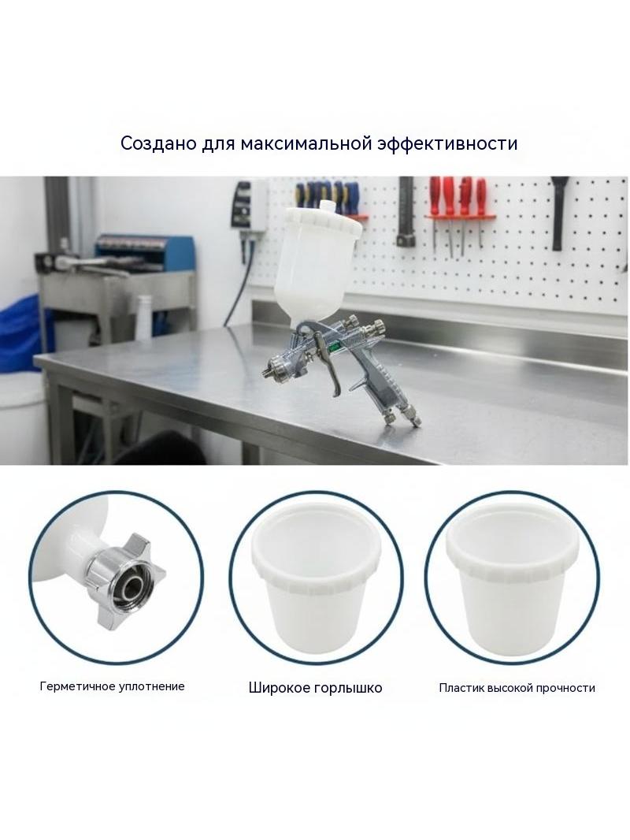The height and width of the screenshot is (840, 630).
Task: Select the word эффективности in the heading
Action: click(447, 144)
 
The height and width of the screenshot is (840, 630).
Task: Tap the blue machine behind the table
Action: click(144, 252)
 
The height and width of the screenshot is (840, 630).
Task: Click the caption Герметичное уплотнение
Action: click(113, 686)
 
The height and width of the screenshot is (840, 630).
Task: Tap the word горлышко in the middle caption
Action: click(348, 688)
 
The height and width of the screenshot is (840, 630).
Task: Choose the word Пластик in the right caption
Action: click(461, 688)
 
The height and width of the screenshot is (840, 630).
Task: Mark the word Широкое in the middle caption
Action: click(279, 688)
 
